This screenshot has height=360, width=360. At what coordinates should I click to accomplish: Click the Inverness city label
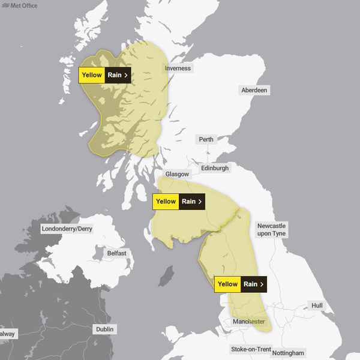point(178,68)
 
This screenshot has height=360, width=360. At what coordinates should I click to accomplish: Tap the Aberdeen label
point(254,90)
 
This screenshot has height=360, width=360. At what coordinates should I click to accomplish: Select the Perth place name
point(206,139)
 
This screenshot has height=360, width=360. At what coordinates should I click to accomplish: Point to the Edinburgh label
point(215,169)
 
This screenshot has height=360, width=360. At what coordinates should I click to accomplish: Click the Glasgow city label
point(177,174)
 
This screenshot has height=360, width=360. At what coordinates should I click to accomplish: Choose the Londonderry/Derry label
point(67,229)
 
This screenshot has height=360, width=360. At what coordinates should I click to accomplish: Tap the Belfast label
point(116,253)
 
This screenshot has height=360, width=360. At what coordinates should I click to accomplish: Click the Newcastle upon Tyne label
point(271,229)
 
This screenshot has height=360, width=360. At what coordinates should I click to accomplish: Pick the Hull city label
point(317,306)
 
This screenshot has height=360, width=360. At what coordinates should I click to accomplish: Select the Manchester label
point(249,322)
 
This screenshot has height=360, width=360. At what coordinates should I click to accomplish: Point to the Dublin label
point(104,329)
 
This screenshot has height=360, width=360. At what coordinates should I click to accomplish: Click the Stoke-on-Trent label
point(251,349)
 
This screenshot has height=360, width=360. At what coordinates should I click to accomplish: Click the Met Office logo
point(19,6)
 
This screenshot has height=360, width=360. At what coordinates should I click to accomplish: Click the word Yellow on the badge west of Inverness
point(92,75)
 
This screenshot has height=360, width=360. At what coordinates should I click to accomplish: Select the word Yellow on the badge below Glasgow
point(166,202)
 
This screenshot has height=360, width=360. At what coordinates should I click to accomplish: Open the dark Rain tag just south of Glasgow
point(193,202)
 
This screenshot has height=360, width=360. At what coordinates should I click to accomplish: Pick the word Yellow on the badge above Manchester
point(228,284)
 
